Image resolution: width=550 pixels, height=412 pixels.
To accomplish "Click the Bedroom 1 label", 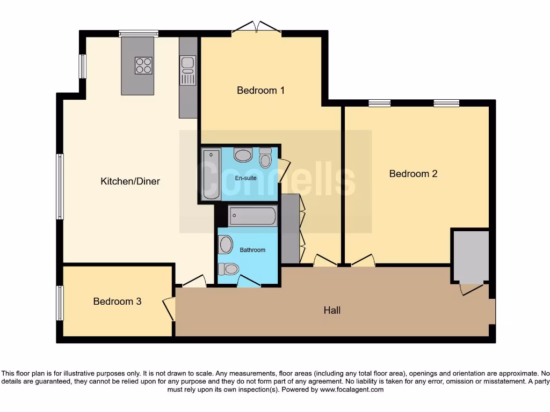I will click(x=260, y=90).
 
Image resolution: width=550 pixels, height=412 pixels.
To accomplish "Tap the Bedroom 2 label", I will click(x=413, y=173).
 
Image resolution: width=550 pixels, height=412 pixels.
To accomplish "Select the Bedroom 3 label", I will click(x=117, y=301).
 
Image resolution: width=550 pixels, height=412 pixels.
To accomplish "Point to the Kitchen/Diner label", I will click(x=130, y=181).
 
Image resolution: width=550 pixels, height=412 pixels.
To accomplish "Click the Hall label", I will click(x=331, y=310).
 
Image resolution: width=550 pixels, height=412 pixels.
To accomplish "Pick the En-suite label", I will click(x=246, y=178).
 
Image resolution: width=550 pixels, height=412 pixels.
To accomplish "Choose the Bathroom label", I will click(x=252, y=250).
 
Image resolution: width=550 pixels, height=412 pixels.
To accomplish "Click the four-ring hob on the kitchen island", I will click(x=143, y=65).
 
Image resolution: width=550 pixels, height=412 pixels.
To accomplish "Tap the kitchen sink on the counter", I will click(x=188, y=70).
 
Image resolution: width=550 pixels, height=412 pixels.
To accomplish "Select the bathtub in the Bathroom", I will click(x=252, y=217).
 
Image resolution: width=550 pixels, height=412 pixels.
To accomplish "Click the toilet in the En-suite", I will click(x=265, y=158).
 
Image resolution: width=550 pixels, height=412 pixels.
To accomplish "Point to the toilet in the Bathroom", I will click(x=231, y=268).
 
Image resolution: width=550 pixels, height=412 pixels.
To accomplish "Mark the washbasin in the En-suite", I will click(x=243, y=156).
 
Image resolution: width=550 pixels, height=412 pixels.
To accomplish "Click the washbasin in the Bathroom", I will click(x=226, y=245).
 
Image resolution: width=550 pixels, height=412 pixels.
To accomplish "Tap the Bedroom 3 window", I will click(x=60, y=303).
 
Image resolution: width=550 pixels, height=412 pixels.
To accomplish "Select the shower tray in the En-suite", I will click(x=211, y=174).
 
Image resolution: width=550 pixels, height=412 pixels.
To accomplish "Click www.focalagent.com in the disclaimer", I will click(x=351, y=389).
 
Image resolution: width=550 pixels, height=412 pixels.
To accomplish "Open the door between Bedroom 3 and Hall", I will click(x=170, y=310).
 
